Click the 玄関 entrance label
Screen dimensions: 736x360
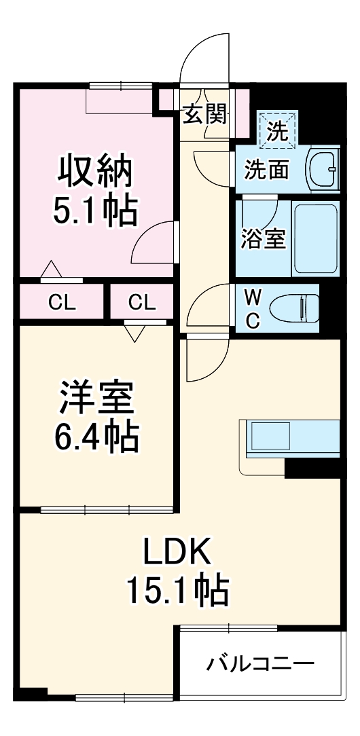[x=204, y=115]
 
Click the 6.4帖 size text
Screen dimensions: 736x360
[x=95, y=438]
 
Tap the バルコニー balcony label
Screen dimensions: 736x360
[x=261, y=662]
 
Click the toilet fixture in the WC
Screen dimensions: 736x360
[x=293, y=308]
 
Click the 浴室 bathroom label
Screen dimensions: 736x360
[x=263, y=239]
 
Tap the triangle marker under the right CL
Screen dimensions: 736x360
[x=135, y=333]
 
